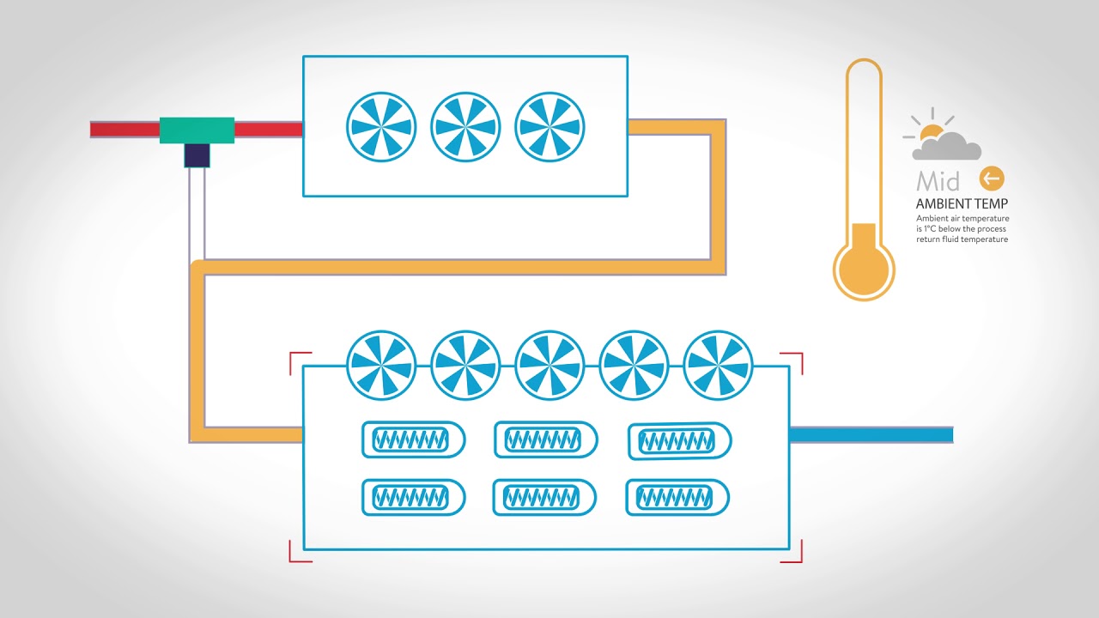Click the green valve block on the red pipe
coord(197,130)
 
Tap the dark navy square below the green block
coord(197,155)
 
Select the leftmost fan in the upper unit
coord(381,127)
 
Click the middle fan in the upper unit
coord(465,127)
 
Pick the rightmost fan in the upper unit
coord(549,127)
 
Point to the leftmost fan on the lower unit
coord(381,366)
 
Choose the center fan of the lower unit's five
coord(549,366)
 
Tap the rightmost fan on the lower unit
coord(718,366)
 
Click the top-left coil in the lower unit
coord(413,440)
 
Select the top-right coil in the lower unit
coord(680,441)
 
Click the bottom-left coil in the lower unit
coord(413,498)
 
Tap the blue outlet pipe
coord(871,434)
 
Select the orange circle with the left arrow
coord(992,179)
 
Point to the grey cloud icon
coord(947,147)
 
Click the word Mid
coord(938,181)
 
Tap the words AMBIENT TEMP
coord(962,204)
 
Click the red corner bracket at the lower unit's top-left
coord(299,361)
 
